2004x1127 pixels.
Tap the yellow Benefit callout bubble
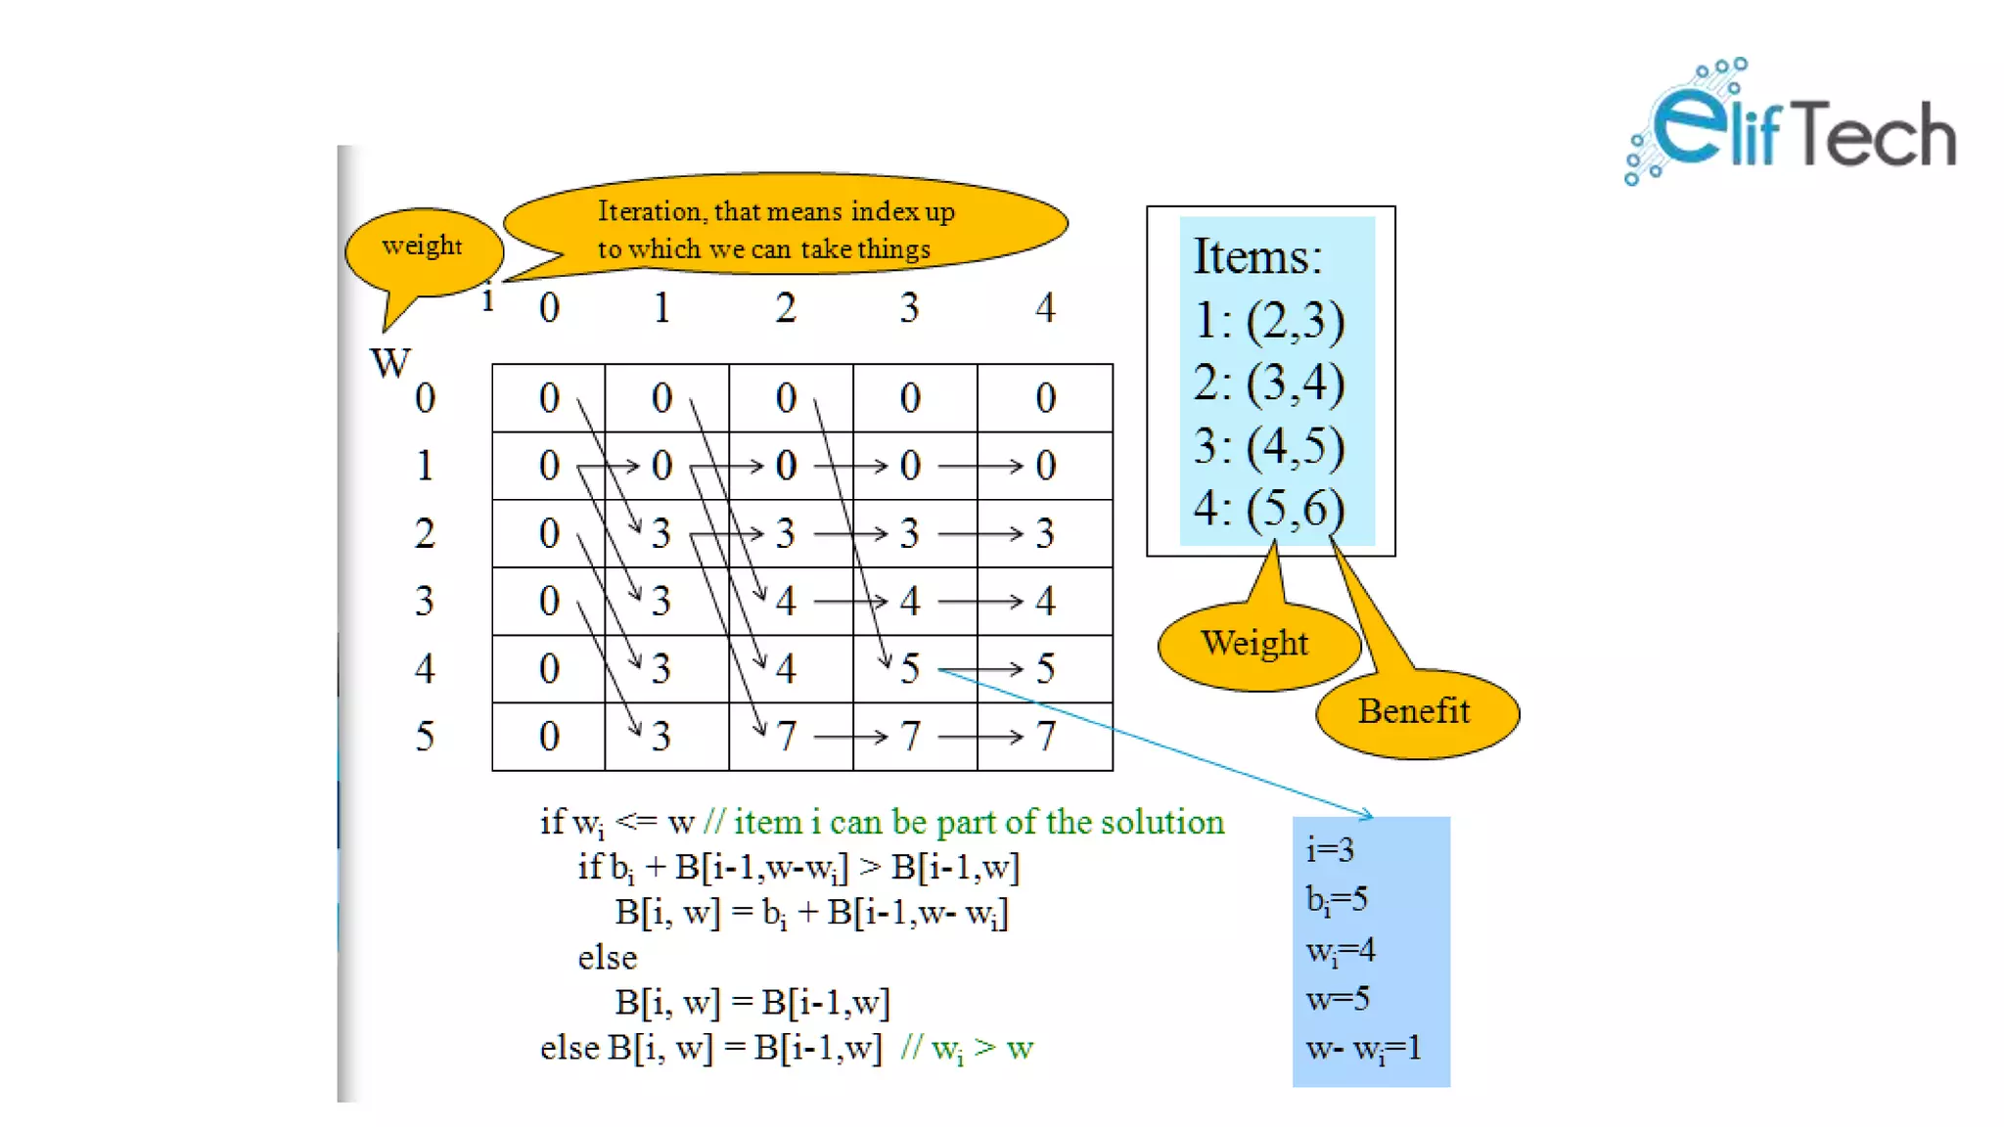coord(1416,712)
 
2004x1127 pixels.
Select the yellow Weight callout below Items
coord(1255,645)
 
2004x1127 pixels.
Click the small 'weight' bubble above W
coord(423,247)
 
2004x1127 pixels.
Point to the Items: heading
coord(1257,256)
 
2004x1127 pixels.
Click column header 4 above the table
coord(1045,309)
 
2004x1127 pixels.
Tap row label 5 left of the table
coord(425,736)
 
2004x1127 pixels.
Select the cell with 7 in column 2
coord(786,736)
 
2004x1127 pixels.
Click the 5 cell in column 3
coord(910,669)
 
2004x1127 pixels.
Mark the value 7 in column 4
coord(1045,736)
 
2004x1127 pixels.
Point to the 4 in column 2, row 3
coord(786,601)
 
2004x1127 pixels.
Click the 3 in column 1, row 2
coord(661,533)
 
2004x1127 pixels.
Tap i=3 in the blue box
coord(1330,849)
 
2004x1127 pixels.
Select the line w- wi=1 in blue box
coord(1363,1049)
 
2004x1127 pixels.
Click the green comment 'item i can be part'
coord(964,822)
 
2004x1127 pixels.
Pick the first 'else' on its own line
coord(607,957)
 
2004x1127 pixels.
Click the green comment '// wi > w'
coord(967,1049)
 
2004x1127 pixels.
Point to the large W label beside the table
coord(390,363)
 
